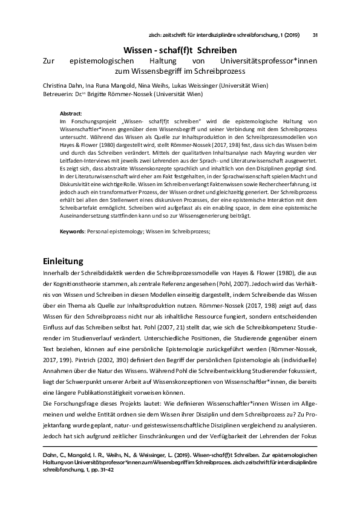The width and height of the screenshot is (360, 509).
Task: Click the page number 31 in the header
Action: pos(315,34)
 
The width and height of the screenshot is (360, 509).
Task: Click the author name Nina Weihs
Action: pos(151,85)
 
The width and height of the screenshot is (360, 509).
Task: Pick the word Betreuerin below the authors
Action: pos(59,94)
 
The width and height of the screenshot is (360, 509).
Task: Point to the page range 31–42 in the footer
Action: pos(107,475)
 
